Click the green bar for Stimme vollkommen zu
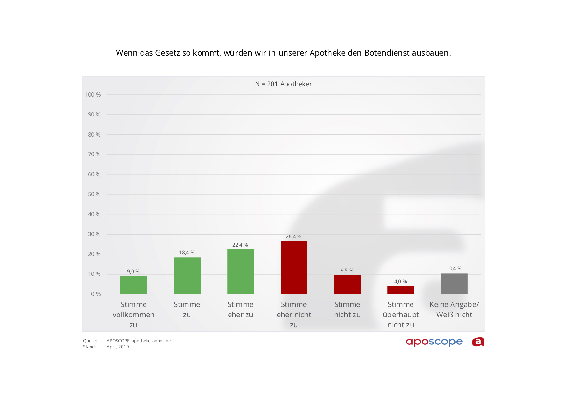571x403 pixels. (133, 285)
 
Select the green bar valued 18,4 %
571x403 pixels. (187, 275)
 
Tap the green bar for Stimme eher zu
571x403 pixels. (240, 272)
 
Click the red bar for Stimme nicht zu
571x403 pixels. (347, 284)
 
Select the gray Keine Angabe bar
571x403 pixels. (454, 284)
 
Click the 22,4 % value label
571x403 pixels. (240, 245)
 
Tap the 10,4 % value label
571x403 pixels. (454, 269)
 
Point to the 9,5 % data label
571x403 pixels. (347, 271)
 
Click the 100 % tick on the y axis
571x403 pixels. (92, 95)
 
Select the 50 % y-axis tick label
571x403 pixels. (94, 194)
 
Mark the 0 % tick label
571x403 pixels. (96, 294)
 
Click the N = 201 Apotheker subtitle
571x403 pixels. (283, 84)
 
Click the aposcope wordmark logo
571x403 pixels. (434, 342)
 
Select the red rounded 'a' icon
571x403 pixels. (478, 342)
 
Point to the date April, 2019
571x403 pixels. (118, 347)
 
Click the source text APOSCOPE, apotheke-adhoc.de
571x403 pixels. (139, 341)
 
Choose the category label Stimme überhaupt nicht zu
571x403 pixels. (401, 315)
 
